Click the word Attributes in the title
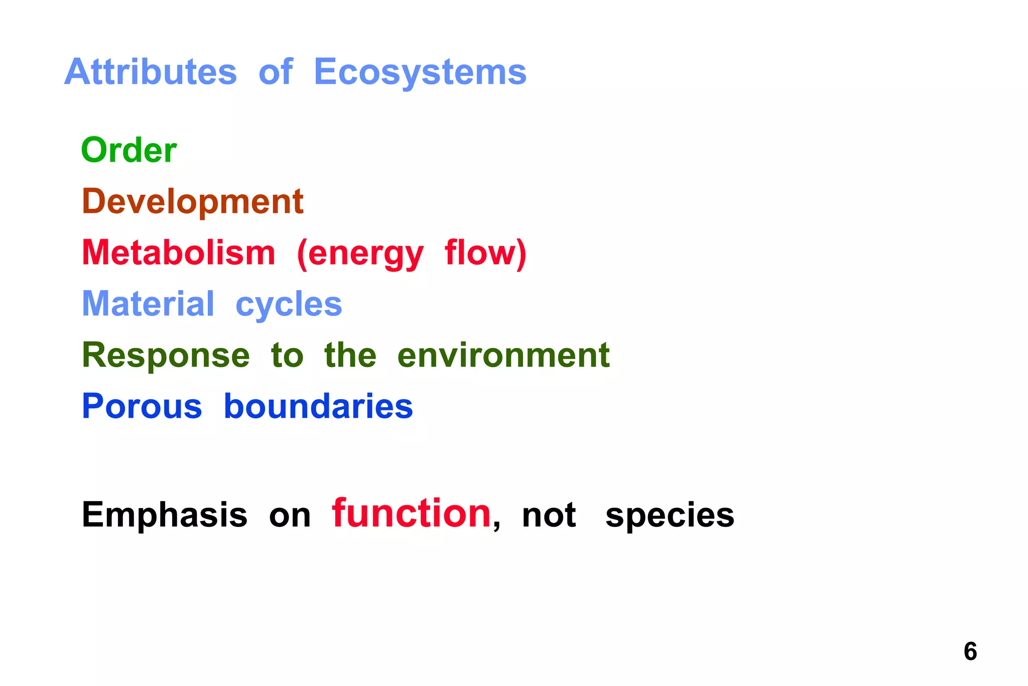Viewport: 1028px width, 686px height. tap(151, 72)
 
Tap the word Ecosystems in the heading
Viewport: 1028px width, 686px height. tap(420, 72)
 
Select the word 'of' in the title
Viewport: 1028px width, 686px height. tap(275, 72)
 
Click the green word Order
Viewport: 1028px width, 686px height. tap(129, 150)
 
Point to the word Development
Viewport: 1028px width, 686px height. tap(193, 201)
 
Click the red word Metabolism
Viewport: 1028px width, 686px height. tap(179, 253)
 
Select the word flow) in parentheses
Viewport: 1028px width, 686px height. tap(485, 253)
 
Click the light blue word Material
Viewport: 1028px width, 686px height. tap(148, 304)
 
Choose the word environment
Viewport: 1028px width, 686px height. tap(503, 356)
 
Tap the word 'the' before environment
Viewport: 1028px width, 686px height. tap(350, 355)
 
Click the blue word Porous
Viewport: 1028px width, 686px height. tap(142, 406)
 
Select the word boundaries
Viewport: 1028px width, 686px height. tap(318, 406)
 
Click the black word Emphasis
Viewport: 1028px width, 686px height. tap(165, 515)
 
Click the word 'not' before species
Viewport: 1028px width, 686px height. tap(549, 516)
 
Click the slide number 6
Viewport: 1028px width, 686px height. tap(970, 651)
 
